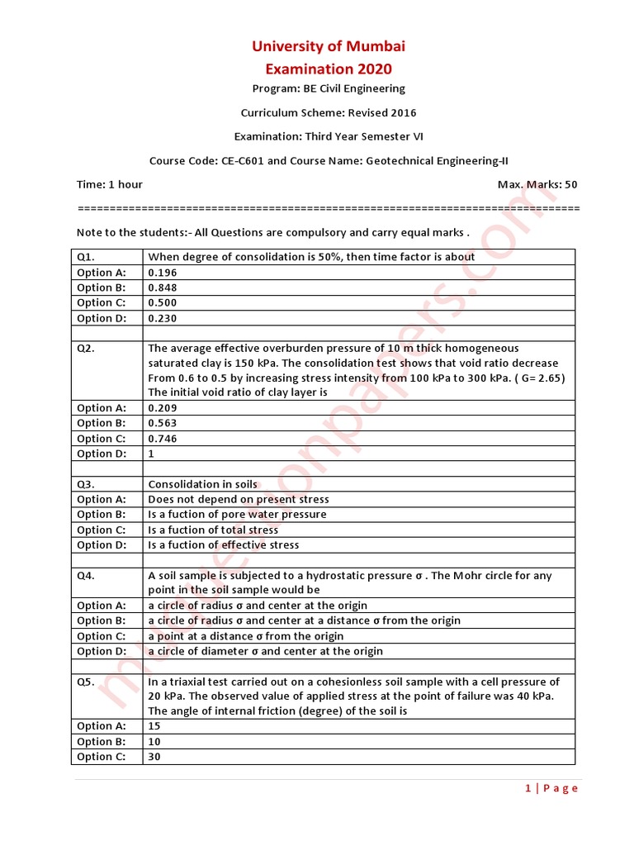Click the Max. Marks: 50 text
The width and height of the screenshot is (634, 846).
(x=537, y=184)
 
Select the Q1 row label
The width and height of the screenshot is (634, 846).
(x=86, y=257)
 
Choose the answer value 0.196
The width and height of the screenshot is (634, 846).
(x=163, y=273)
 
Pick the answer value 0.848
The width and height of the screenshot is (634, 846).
(x=163, y=288)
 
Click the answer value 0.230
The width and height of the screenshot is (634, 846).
(x=163, y=318)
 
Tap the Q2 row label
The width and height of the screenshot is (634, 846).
(x=86, y=349)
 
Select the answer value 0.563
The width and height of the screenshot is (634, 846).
(x=163, y=423)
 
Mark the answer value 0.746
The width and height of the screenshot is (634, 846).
(x=163, y=439)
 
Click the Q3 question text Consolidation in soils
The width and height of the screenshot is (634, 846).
(x=202, y=484)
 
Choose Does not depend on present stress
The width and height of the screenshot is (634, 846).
(x=239, y=499)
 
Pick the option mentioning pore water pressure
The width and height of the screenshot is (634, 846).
(x=237, y=514)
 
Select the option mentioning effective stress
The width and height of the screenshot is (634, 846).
(x=224, y=544)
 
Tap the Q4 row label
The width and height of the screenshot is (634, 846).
(x=86, y=576)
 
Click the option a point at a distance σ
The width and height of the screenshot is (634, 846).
(x=246, y=636)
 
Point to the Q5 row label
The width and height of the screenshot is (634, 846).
(x=86, y=682)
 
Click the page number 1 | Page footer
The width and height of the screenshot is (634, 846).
(x=551, y=788)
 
